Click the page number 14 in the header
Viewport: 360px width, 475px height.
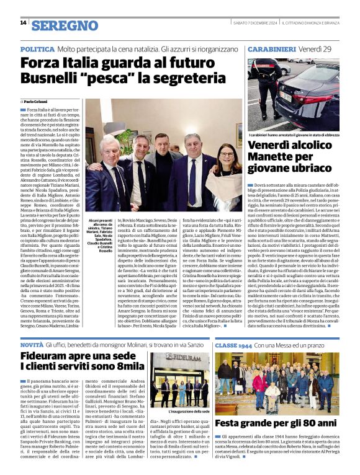(23, 23)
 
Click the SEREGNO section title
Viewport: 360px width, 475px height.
(65, 25)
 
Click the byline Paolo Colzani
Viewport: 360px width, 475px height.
(37, 101)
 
